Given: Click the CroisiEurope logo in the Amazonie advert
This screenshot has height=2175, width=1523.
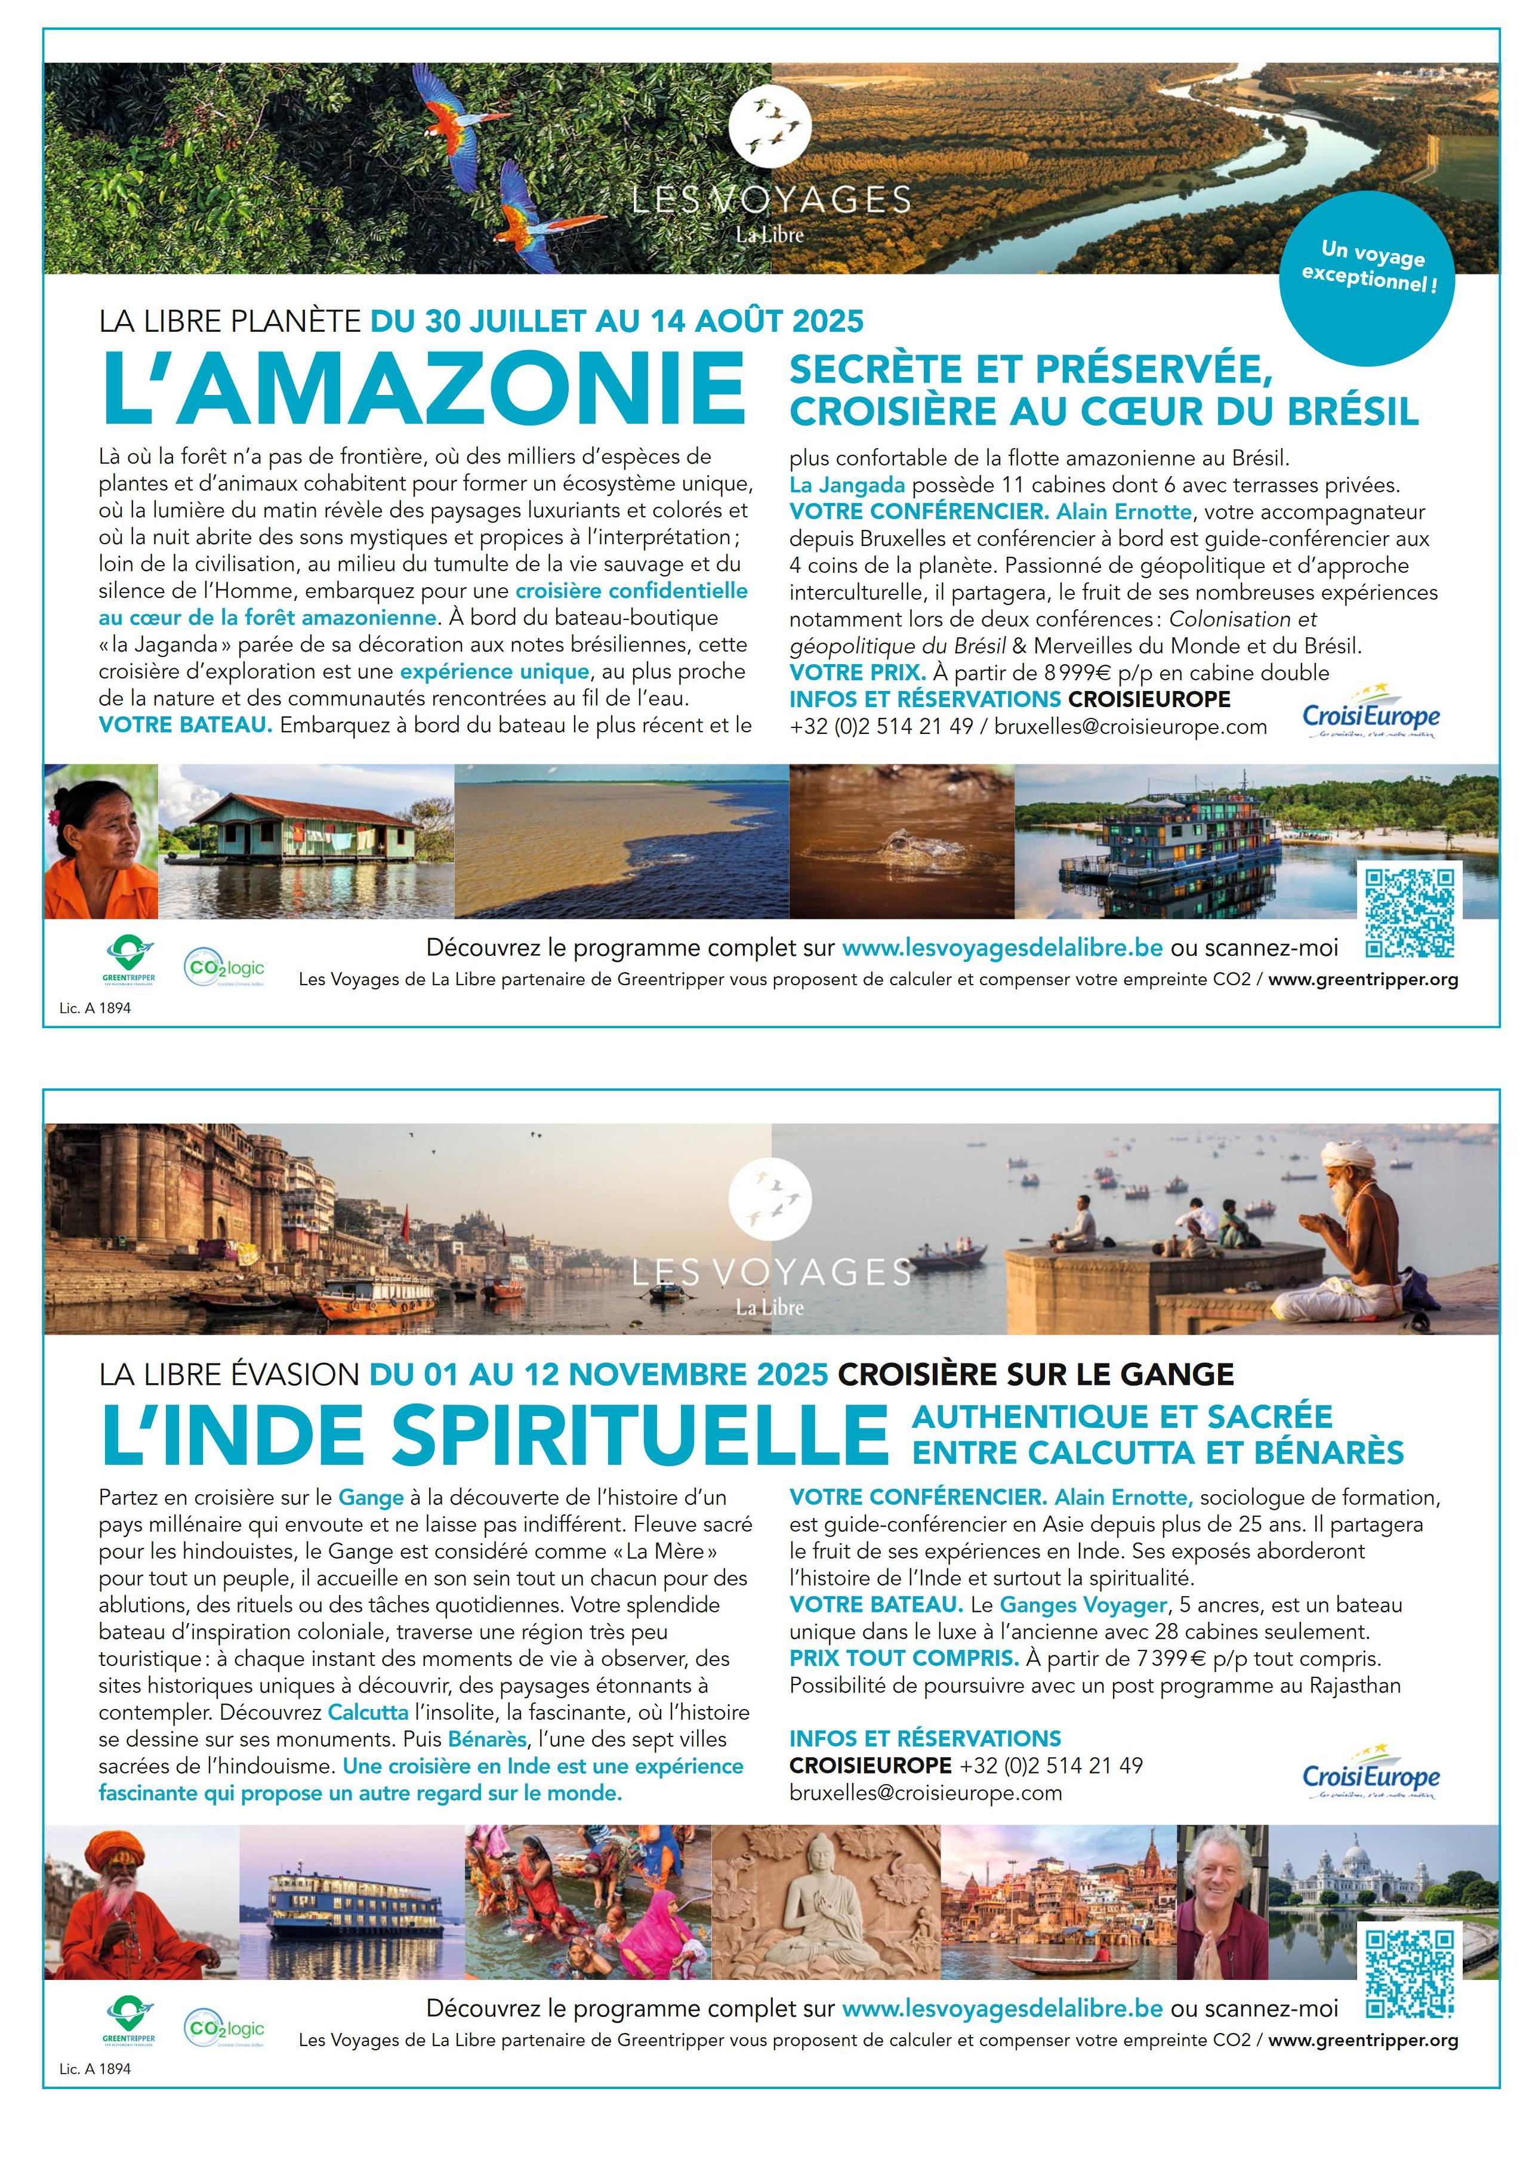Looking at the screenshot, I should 1370,718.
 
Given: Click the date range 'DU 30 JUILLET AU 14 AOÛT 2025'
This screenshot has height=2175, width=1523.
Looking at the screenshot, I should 616,321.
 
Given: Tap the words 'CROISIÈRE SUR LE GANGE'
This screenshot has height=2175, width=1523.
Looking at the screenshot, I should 1035,1374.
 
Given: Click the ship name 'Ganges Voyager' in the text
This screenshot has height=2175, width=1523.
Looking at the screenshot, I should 1083,1605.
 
